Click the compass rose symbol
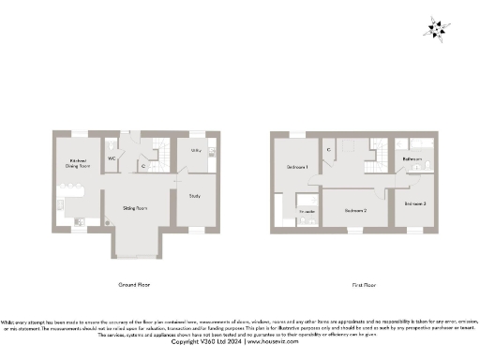tap(438, 29)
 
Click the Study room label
tap(195, 195)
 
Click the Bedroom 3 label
tap(415, 202)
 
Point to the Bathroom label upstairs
tap(412, 160)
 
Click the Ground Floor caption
tap(134, 283)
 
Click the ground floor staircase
tap(159, 154)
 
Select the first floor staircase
tap(379, 153)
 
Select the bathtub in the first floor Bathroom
tap(413, 143)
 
